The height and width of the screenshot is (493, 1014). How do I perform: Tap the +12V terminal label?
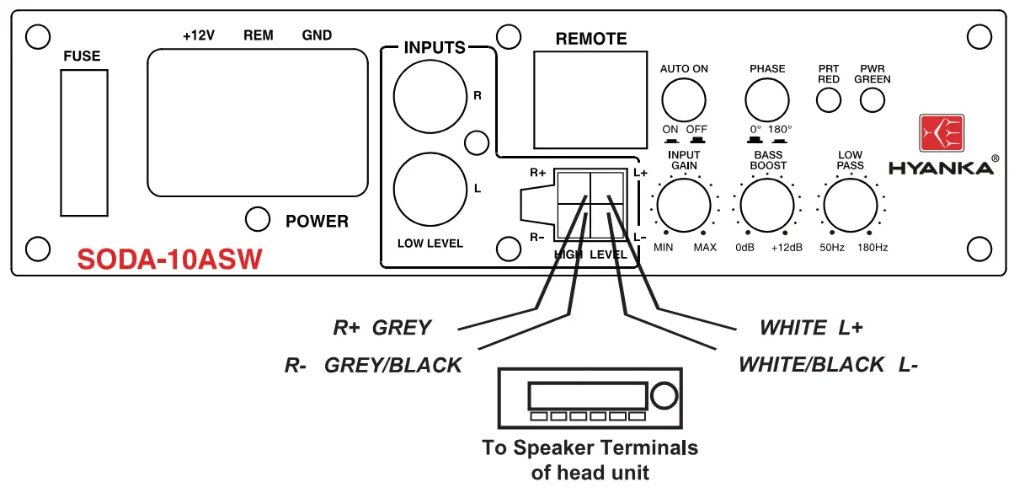coord(200,35)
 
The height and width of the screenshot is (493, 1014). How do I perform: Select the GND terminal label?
coord(317,35)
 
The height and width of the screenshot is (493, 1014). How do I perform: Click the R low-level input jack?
coord(430,95)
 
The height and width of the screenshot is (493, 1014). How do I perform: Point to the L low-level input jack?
coord(430,188)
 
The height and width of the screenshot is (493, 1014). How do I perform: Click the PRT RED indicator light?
coord(829,100)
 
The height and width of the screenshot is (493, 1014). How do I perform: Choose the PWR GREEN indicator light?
coord(872,100)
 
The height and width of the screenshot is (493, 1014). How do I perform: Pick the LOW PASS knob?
coord(850,205)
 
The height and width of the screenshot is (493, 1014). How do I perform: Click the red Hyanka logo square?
coord(942,135)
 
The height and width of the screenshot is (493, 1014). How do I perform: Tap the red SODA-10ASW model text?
coord(169,259)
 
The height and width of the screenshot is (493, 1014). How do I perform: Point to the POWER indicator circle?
coord(257,219)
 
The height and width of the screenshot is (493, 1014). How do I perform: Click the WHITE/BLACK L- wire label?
coord(828,365)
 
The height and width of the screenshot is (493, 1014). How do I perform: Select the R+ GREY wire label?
coord(382,328)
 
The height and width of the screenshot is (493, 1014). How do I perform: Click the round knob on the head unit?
coord(664,395)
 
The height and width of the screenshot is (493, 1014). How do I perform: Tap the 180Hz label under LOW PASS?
coord(873,248)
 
